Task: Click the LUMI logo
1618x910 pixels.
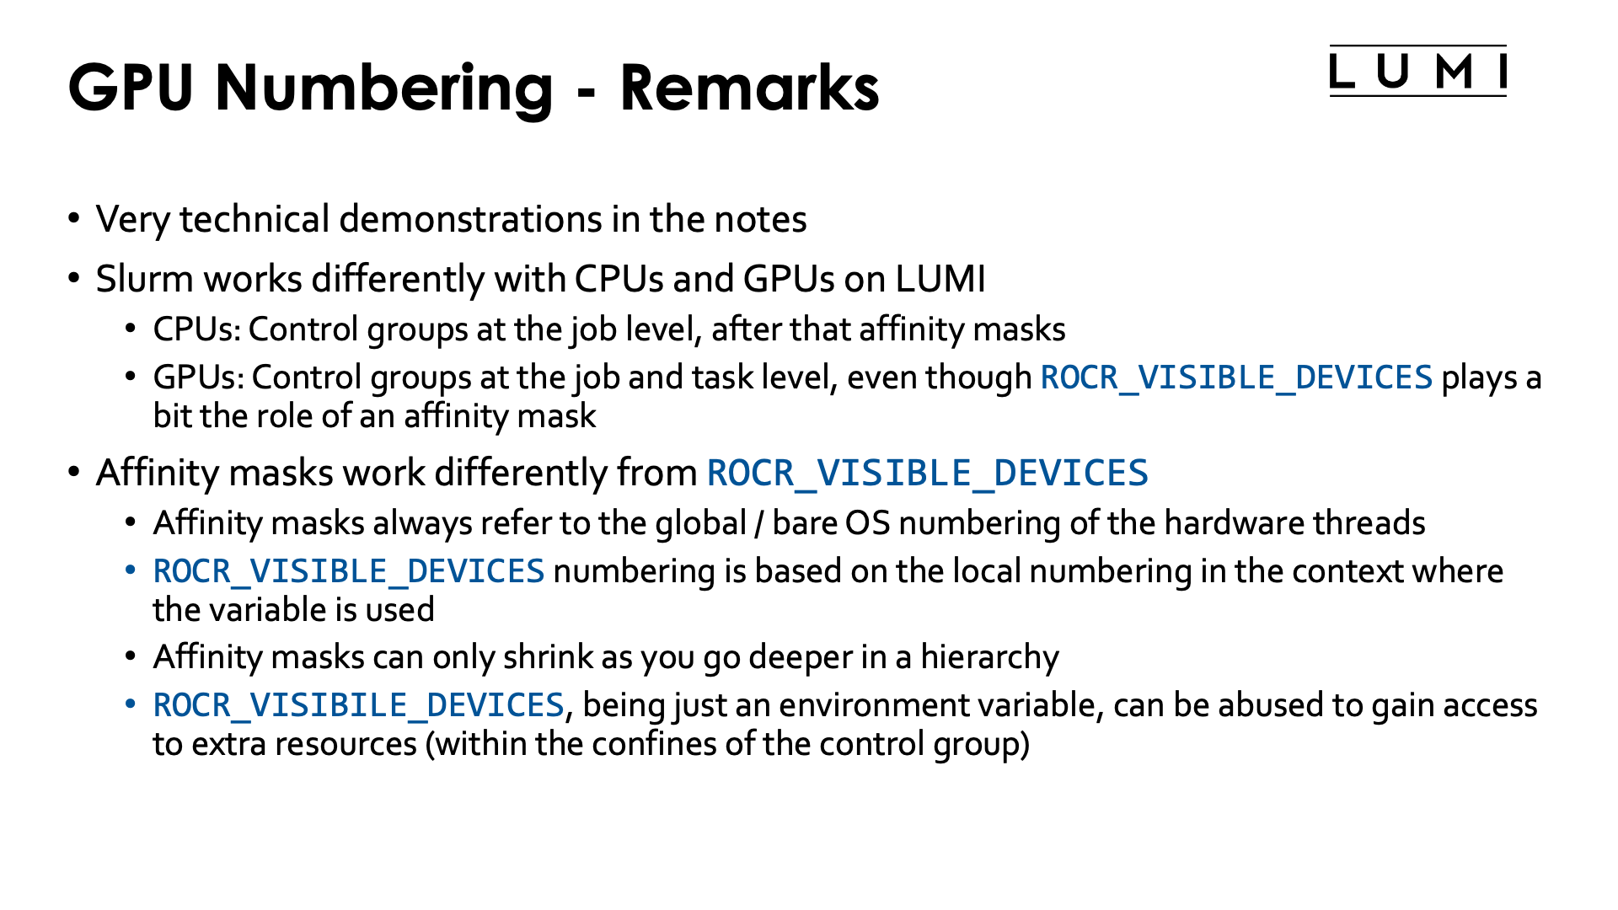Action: coord(1417,71)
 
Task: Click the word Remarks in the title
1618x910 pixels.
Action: coord(749,87)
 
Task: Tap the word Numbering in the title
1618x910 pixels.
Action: coord(384,88)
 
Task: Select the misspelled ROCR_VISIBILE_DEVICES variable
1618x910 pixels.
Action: coord(358,705)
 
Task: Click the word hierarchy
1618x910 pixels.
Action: coord(989,657)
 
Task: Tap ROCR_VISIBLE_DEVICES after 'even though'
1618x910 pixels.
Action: coord(1236,377)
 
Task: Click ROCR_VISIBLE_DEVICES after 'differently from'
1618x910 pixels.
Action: coord(927,473)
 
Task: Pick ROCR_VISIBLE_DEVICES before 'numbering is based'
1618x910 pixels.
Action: coord(349,571)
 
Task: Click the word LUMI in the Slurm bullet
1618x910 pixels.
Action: coord(940,279)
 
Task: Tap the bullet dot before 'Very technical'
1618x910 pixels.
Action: coord(74,219)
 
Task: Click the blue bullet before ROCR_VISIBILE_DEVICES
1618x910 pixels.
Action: coord(130,704)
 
